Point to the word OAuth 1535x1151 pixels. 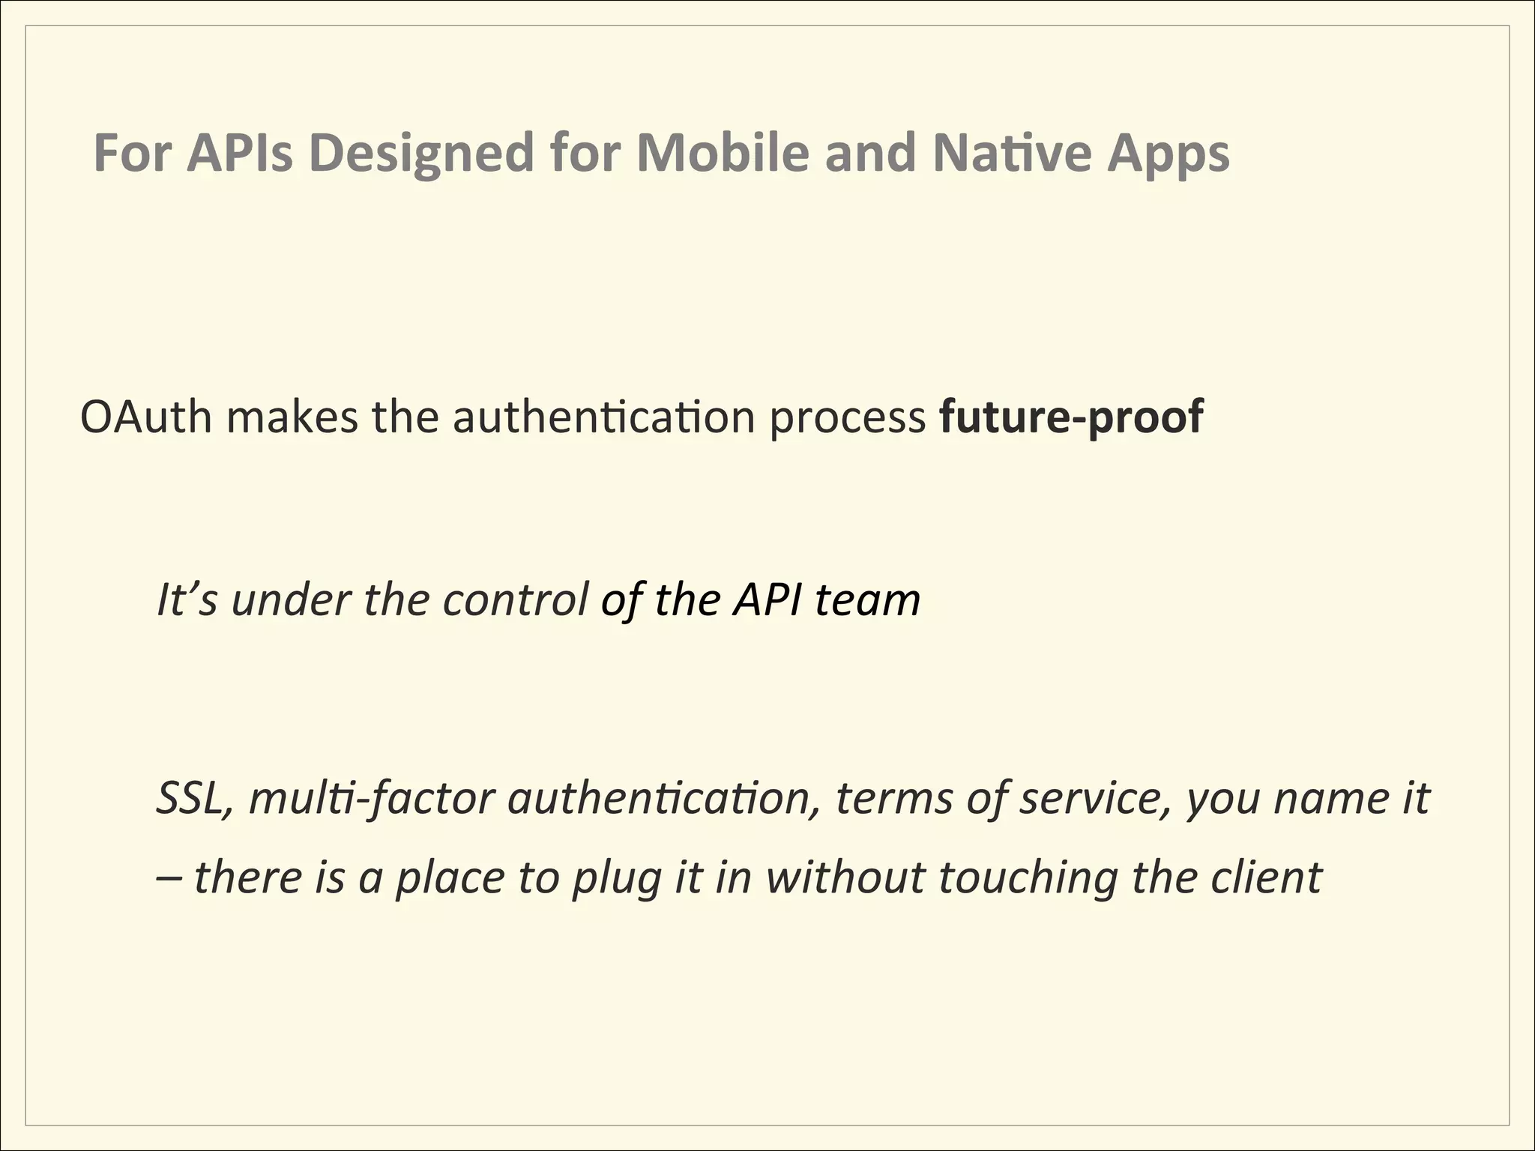(x=146, y=417)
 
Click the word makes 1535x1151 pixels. (x=292, y=417)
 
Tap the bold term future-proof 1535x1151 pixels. (x=1071, y=418)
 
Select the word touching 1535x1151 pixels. (x=1027, y=878)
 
